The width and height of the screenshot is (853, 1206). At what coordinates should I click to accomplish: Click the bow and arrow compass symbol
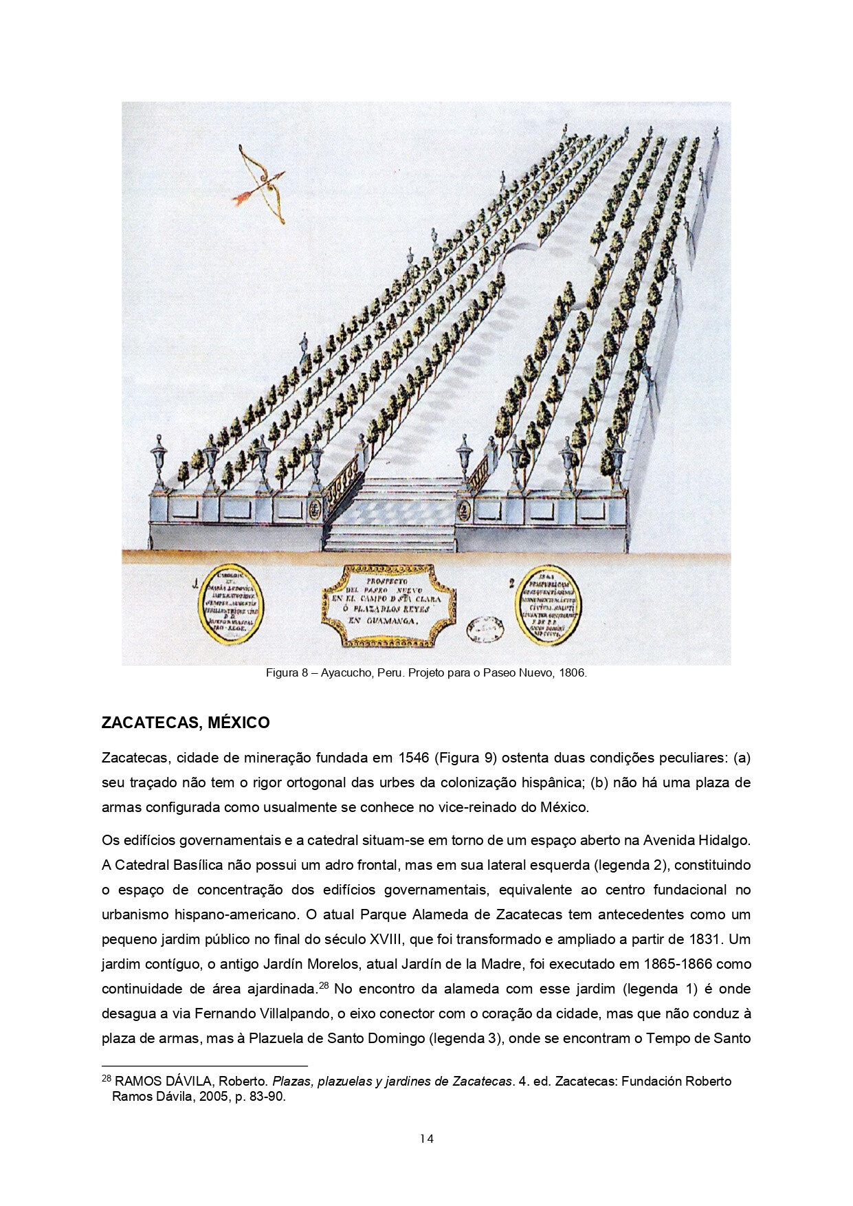[261, 183]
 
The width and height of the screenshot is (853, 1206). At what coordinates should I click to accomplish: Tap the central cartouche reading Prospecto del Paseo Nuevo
[388, 605]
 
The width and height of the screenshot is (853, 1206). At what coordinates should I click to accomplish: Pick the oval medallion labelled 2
[550, 606]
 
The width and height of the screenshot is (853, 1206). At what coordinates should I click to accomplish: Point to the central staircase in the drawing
[390, 514]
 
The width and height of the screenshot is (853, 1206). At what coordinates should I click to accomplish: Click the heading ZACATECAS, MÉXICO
[186, 723]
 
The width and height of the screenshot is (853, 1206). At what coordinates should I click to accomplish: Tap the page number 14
[426, 1139]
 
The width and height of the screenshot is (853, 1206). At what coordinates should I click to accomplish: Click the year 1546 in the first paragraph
[414, 758]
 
